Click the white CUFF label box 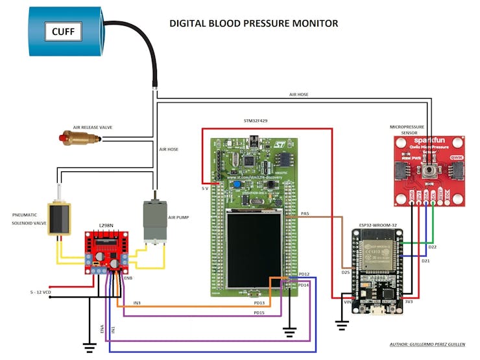(63, 30)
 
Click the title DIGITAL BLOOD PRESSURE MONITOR (254, 23)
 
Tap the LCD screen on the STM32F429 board (254, 250)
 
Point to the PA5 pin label (306, 212)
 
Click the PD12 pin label (303, 274)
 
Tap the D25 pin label (346, 272)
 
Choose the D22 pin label (433, 247)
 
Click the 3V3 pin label (409, 301)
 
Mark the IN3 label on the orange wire (137, 302)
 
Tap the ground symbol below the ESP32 (341, 322)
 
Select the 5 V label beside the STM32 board (205, 188)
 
